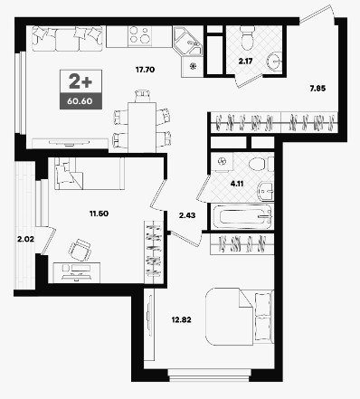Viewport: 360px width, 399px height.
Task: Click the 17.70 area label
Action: [x=145, y=70]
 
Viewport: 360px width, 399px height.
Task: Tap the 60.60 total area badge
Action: [x=80, y=100]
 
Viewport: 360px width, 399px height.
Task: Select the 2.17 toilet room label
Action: [x=245, y=62]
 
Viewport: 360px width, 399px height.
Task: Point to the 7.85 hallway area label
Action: [x=317, y=89]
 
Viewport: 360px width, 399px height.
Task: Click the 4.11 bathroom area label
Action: [x=237, y=184]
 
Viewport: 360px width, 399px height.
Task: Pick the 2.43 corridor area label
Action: [x=187, y=215]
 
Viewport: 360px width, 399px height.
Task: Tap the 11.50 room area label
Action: [x=99, y=214]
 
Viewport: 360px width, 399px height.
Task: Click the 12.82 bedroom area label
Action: [x=182, y=319]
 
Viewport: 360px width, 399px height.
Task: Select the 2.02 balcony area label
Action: [x=25, y=240]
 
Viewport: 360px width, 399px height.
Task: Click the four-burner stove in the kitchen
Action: [x=139, y=35]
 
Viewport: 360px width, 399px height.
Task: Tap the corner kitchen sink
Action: [x=187, y=42]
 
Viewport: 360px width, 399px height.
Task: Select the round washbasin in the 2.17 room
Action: [x=274, y=61]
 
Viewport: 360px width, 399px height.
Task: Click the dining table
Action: [x=142, y=128]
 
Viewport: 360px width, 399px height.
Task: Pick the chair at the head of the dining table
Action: [x=142, y=96]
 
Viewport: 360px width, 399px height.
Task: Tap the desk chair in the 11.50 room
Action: [x=80, y=250]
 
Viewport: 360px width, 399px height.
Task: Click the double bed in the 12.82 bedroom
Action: [x=240, y=317]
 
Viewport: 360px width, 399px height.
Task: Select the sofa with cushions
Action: [x=67, y=39]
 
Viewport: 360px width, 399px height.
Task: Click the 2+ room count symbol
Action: [x=81, y=81]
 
